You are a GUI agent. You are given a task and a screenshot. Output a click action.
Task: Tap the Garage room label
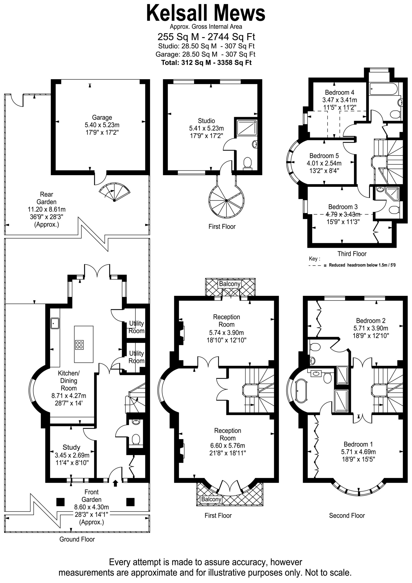102,117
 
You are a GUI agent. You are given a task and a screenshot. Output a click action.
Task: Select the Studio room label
206,121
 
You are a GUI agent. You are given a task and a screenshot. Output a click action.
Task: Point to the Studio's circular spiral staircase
226,201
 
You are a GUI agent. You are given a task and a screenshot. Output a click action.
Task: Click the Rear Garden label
46,198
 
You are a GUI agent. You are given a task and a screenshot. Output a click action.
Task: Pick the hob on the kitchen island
79,345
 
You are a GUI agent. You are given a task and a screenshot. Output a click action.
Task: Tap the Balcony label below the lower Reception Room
211,499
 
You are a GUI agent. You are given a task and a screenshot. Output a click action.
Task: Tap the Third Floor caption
352,254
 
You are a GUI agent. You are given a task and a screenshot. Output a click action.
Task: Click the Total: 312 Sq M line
206,62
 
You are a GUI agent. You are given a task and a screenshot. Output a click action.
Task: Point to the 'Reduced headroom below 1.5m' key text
362,265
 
